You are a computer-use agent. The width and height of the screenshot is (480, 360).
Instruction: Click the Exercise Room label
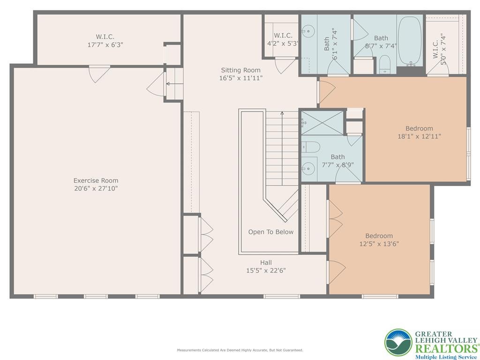(96, 180)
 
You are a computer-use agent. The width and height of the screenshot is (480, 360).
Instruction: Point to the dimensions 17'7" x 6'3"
(105, 45)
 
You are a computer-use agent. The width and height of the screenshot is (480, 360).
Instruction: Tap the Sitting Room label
(240, 70)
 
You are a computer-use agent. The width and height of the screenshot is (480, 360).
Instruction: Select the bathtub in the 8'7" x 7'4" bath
(411, 41)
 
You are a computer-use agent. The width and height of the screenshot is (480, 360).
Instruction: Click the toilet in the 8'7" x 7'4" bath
(384, 64)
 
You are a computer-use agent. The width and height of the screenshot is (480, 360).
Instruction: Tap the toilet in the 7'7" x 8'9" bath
(310, 146)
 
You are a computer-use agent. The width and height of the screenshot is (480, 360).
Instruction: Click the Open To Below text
(270, 232)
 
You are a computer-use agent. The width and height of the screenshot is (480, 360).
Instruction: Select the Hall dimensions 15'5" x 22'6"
(266, 270)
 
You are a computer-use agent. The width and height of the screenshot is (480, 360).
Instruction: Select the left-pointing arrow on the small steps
(168, 84)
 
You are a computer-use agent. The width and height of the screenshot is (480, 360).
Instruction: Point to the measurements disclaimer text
(240, 350)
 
